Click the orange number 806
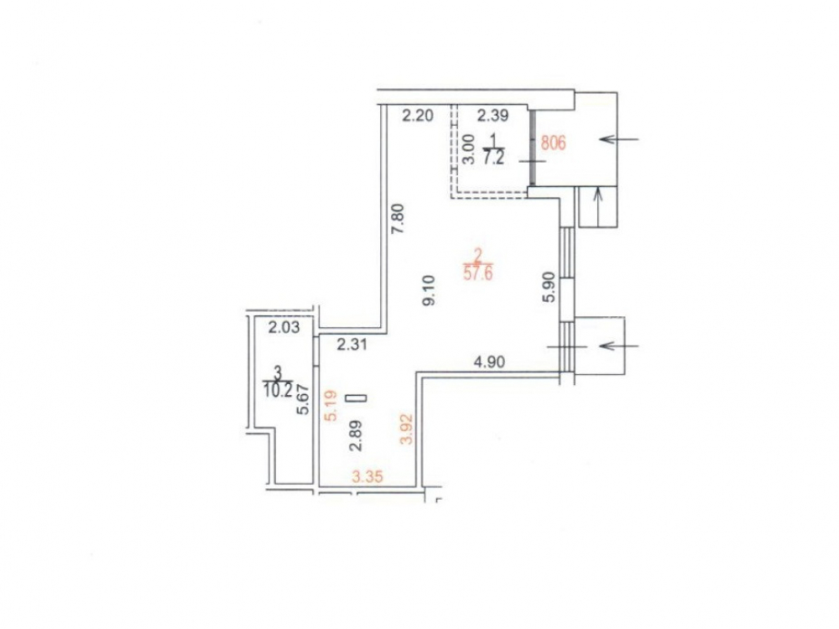click(x=553, y=143)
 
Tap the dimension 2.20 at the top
click(x=417, y=115)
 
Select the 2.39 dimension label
click(x=492, y=115)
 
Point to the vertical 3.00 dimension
click(x=468, y=149)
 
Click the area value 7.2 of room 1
click(x=492, y=159)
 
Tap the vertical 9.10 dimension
click(x=429, y=290)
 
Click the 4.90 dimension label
click(x=490, y=362)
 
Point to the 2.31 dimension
click(x=352, y=345)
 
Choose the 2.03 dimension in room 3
click(x=284, y=327)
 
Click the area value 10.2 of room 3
click(x=278, y=389)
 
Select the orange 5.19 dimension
click(x=331, y=406)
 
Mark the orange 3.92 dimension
click(x=409, y=429)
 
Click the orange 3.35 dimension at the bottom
click(x=367, y=476)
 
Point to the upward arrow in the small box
click(x=599, y=207)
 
